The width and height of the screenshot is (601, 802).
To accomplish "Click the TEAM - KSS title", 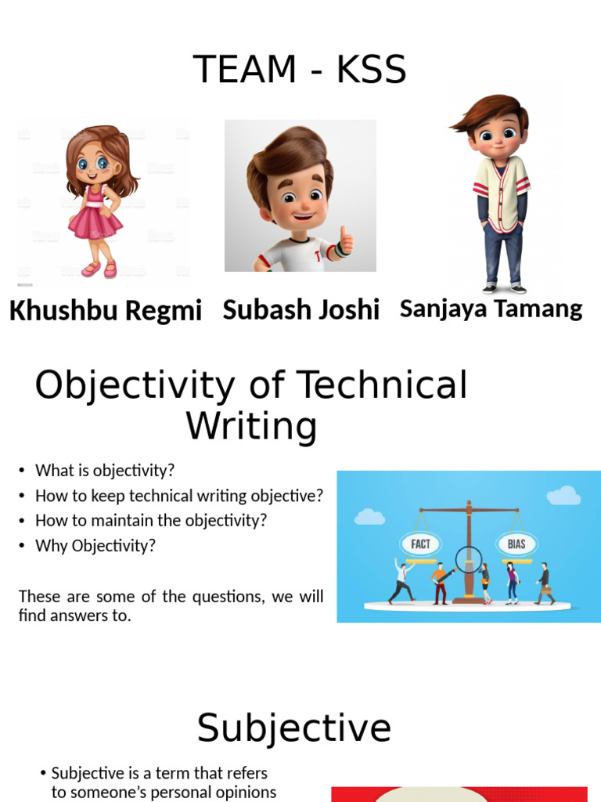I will pyautogui.click(x=300, y=70).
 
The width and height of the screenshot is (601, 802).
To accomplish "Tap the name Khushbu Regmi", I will pyautogui.click(x=105, y=311).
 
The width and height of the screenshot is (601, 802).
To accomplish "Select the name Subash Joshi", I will pyautogui.click(x=300, y=309).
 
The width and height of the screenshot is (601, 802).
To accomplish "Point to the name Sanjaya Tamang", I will pyautogui.click(x=491, y=309).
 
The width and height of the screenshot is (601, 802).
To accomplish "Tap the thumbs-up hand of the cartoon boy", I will pyautogui.click(x=344, y=241).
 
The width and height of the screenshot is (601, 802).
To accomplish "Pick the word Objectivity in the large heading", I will pyautogui.click(x=135, y=385).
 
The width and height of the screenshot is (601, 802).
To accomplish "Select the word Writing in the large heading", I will pyautogui.click(x=250, y=427).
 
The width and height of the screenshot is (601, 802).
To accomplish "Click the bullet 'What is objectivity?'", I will pyautogui.click(x=105, y=471).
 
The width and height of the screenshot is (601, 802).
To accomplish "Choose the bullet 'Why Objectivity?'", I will pyautogui.click(x=95, y=546).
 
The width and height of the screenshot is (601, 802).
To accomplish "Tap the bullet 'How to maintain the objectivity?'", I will pyautogui.click(x=151, y=521).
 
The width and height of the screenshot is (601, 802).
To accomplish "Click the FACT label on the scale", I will pyautogui.click(x=420, y=544).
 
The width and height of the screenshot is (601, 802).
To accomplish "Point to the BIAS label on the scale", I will pyautogui.click(x=516, y=544).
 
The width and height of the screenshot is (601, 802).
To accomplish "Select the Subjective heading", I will pyautogui.click(x=293, y=728).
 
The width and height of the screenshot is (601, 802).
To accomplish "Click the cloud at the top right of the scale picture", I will pyautogui.click(x=563, y=495).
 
